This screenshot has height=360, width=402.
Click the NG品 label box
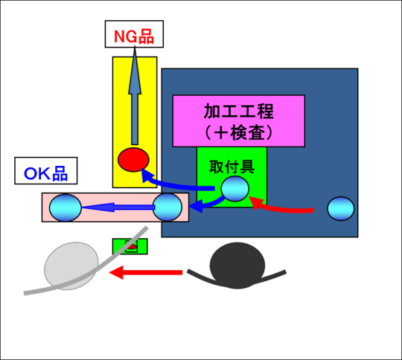pos(134,33)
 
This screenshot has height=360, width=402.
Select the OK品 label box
pos(46,170)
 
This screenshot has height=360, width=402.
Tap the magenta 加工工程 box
pos(239,121)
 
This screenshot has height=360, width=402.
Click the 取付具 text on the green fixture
pos(232,167)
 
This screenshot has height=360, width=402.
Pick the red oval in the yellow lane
pos(133,160)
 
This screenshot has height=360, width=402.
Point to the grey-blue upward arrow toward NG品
pos(135,94)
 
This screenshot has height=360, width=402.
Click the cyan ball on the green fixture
pos(235,189)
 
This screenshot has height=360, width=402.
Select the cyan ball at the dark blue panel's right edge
pos(341,208)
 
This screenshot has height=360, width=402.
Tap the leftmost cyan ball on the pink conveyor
pos(66,208)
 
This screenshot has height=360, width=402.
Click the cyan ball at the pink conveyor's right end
pos(167,208)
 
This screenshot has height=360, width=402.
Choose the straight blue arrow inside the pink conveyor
pos(118,207)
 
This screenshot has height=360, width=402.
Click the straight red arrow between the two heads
pos(146,272)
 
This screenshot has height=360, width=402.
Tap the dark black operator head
pos(237,266)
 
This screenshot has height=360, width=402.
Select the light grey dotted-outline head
pos(71,266)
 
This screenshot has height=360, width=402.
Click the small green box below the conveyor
pos(130,246)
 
